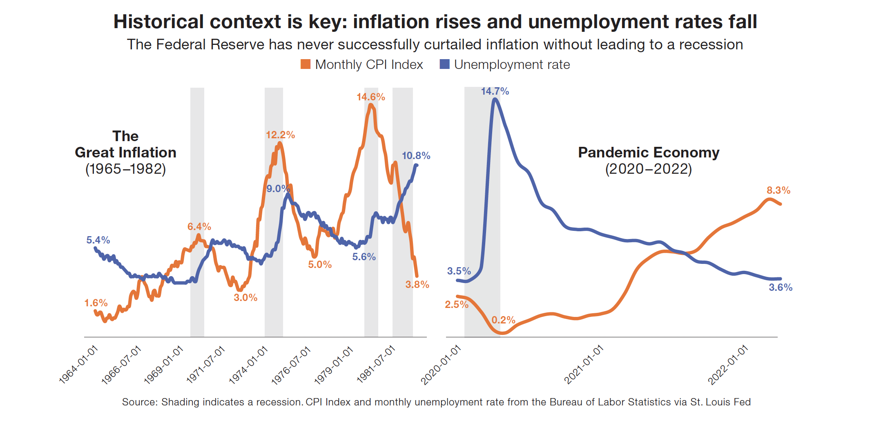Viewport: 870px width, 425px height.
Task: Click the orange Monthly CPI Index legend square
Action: [x=305, y=64]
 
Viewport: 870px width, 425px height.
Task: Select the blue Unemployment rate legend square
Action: [x=444, y=64]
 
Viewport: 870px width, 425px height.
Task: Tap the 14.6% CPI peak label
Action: [x=370, y=97]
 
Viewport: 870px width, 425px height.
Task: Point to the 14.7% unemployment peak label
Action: [x=495, y=91]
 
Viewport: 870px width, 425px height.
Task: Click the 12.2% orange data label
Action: [x=280, y=135]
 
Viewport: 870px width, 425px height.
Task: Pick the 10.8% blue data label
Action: [x=416, y=156]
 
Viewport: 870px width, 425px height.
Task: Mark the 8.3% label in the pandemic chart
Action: [x=778, y=190]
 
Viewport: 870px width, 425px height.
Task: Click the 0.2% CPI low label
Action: [x=503, y=320]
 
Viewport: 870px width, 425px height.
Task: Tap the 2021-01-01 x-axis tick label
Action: [x=584, y=365]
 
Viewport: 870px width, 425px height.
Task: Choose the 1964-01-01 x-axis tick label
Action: [x=79, y=365]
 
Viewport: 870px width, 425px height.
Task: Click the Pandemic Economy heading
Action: [x=648, y=153]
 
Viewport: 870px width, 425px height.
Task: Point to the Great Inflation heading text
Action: [x=125, y=152]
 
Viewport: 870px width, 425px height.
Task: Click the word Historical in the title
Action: [x=158, y=22]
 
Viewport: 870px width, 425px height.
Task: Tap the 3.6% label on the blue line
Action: [x=780, y=288]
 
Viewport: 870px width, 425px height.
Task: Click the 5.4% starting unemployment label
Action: [x=98, y=240]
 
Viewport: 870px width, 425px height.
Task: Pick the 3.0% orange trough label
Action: [x=245, y=298]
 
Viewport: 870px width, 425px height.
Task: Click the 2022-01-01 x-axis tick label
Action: [x=728, y=365]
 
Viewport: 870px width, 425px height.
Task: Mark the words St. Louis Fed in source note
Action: [x=720, y=402]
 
